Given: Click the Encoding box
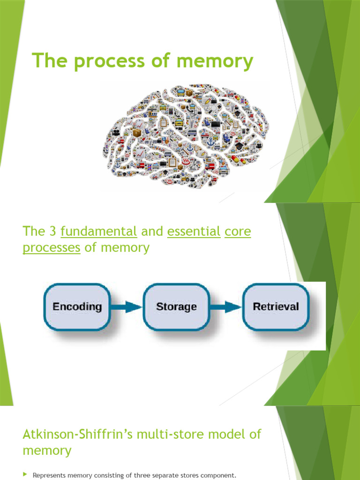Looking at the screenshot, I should pyautogui.click(x=77, y=307).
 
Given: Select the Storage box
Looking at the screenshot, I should pyautogui.click(x=176, y=307).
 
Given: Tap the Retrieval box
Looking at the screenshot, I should pyautogui.click(x=276, y=307).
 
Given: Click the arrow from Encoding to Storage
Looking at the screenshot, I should pyautogui.click(x=127, y=307).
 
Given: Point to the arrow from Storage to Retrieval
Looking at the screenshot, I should pyautogui.click(x=225, y=307).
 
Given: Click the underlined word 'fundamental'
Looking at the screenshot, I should pyautogui.click(x=99, y=232).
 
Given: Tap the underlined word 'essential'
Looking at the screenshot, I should pyautogui.click(x=194, y=232).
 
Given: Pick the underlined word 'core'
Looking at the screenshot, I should pyautogui.click(x=238, y=232).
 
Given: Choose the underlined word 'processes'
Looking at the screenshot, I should pyautogui.click(x=52, y=247).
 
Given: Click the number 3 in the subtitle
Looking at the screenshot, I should pyautogui.click(x=52, y=232).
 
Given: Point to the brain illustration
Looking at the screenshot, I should pyautogui.click(x=185, y=136).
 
